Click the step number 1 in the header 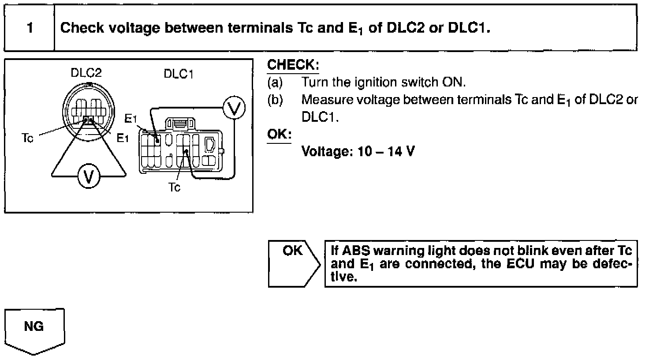(30, 28)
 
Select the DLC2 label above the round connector (86, 73)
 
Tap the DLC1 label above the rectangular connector (179, 74)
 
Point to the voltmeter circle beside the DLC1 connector (234, 108)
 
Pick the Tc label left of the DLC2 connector (27, 139)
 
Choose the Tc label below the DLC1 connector (175, 187)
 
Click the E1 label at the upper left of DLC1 (131, 118)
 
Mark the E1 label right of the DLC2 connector (123, 139)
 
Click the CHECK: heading (293, 65)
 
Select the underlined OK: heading (279, 134)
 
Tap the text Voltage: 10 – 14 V (358, 152)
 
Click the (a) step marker (275, 82)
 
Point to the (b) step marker (275, 100)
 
